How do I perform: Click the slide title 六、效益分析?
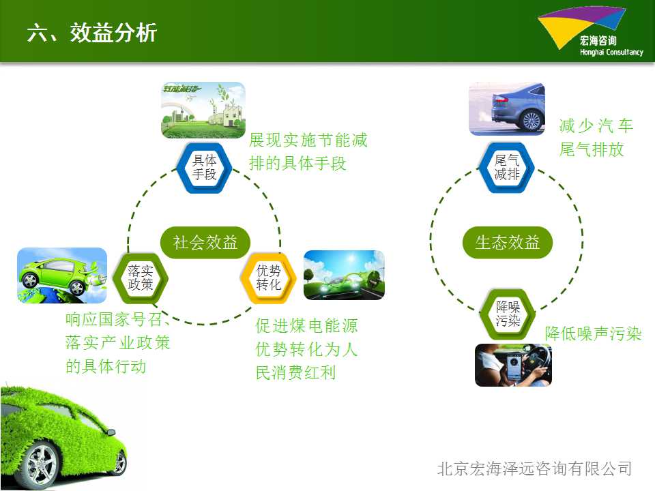pyautogui.click(x=92, y=33)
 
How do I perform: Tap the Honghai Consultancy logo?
pyautogui.click(x=590, y=32)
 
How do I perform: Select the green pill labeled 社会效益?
pyautogui.click(x=205, y=242)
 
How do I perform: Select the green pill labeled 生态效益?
pyautogui.click(x=508, y=242)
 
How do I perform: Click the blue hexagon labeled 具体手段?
pyautogui.click(x=204, y=168)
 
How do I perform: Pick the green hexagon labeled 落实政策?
pyautogui.click(x=141, y=278)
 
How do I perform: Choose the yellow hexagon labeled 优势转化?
pyautogui.click(x=268, y=278)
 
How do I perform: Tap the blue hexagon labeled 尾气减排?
pyautogui.click(x=507, y=168)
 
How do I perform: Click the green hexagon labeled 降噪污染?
pyautogui.click(x=508, y=314)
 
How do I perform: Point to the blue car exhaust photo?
pyautogui.click(x=507, y=108)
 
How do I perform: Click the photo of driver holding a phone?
pyautogui.click(x=513, y=365)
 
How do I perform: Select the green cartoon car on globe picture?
pyautogui.click(x=62, y=275)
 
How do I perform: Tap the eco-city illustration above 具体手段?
pyautogui.click(x=203, y=110)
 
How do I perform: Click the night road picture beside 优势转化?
pyautogui.click(x=344, y=275)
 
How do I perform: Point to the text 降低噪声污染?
pyautogui.click(x=593, y=333)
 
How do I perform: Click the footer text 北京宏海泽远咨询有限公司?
pyautogui.click(x=535, y=468)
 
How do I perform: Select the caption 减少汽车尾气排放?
pyautogui.click(x=596, y=137)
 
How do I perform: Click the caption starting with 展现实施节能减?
pyautogui.click(x=308, y=151)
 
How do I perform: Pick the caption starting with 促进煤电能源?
pyautogui.click(x=306, y=349)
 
